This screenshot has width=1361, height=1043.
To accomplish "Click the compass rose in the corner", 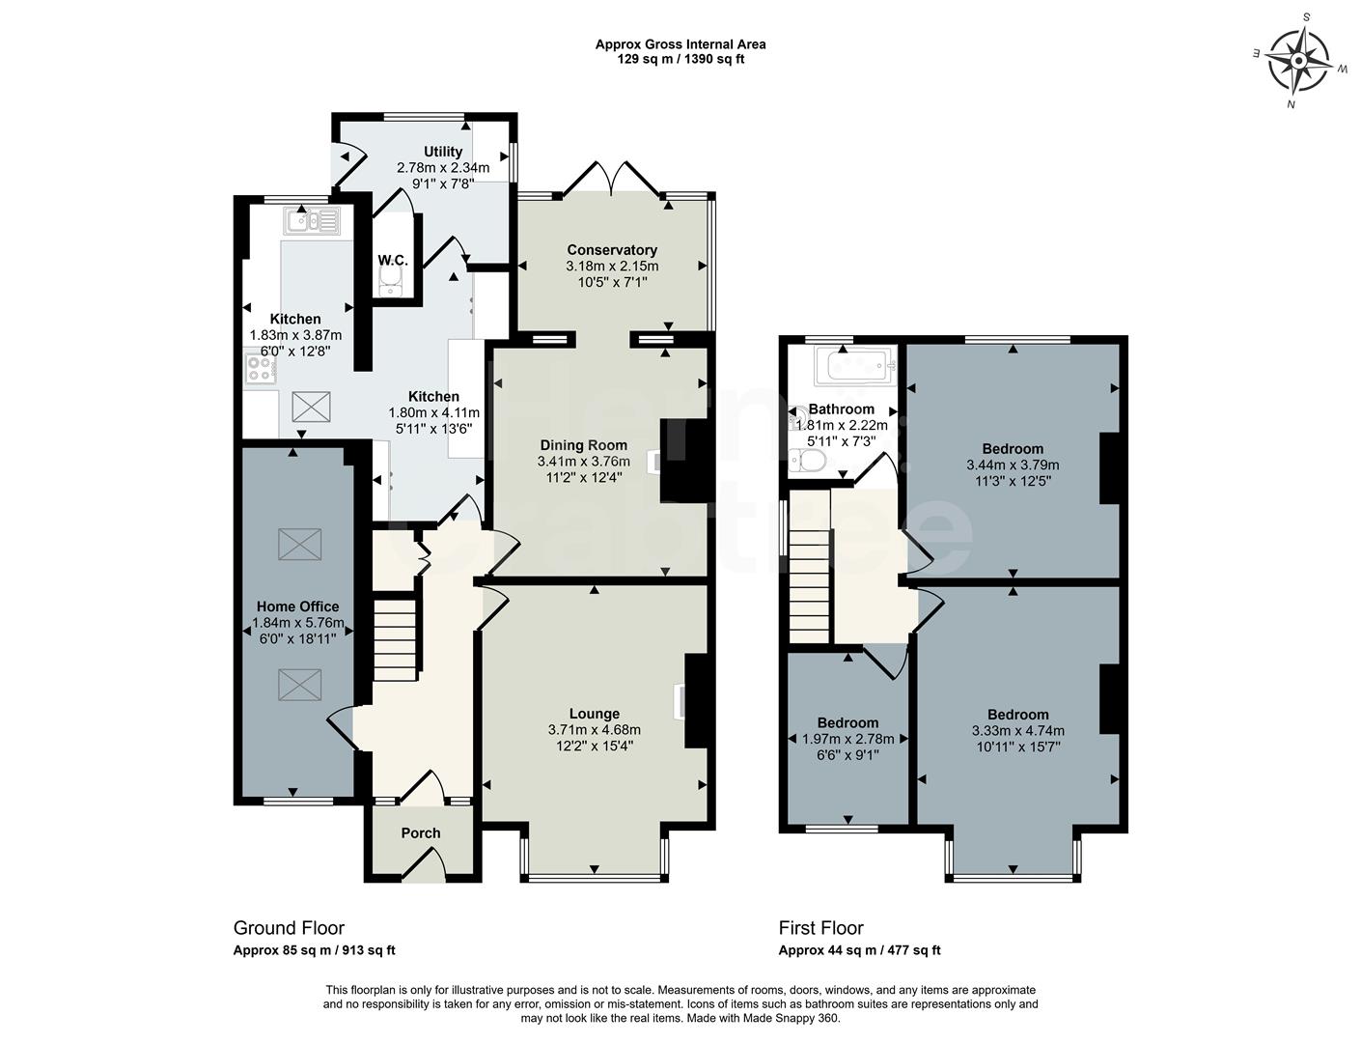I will tap(1298, 60).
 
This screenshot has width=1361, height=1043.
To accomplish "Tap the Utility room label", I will tap(443, 152).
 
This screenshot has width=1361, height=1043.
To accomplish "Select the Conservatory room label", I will tap(612, 250).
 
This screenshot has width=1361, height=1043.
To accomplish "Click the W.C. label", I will tap(393, 261).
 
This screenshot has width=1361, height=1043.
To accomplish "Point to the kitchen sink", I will tap(312, 222).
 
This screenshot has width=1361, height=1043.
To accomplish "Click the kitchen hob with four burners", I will tap(261, 367).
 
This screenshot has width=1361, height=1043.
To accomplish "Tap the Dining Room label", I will tap(583, 445).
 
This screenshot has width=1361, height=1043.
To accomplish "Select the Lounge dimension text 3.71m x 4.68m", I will tap(594, 730).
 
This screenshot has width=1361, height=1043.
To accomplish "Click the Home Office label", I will tap(297, 606).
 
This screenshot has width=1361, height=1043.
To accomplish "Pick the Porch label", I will tap(421, 832).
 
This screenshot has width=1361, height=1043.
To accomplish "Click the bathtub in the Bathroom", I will tap(855, 367).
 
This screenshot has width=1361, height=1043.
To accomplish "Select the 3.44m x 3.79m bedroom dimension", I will tap(1013, 465).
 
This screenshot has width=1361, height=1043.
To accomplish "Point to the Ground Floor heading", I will tap(289, 928).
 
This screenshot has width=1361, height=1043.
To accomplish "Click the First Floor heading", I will tap(820, 928).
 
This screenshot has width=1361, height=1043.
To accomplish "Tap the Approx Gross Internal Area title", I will tap(680, 44).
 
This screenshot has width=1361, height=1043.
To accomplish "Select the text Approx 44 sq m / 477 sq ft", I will tap(859, 950).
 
